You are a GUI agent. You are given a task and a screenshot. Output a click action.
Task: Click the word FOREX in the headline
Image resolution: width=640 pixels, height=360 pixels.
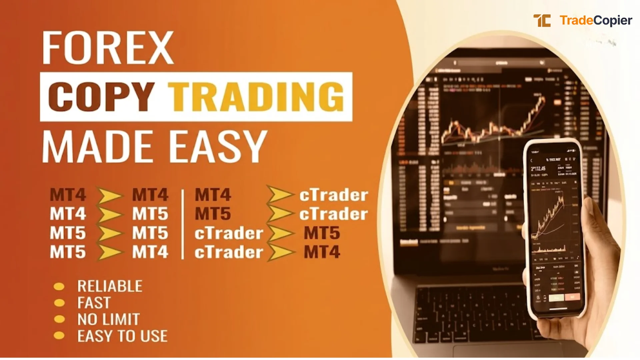click(107, 48)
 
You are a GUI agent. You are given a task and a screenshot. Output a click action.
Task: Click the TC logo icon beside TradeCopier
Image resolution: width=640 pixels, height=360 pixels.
click(542, 21)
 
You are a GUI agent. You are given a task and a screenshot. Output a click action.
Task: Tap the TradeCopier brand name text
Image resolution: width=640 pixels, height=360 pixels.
click(596, 21)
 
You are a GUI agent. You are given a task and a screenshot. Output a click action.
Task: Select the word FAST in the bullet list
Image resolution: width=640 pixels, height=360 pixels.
click(94, 303)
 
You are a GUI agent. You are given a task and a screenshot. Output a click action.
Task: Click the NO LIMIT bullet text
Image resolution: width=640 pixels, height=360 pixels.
click(108, 319)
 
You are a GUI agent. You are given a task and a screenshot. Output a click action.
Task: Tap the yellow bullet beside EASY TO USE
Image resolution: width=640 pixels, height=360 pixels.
click(59, 336)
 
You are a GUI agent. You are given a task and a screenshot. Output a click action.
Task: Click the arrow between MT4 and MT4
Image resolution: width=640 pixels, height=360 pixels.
click(109, 195)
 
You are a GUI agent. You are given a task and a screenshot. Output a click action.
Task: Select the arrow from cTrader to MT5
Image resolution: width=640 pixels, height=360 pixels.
click(281, 233)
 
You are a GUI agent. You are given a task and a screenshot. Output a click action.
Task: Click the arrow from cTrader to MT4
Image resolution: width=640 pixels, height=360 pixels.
click(281, 252)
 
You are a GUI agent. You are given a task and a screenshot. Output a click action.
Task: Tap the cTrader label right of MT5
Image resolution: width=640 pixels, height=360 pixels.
click(333, 214)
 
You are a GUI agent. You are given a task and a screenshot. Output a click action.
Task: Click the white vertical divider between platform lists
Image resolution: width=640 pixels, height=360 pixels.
click(182, 224)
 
